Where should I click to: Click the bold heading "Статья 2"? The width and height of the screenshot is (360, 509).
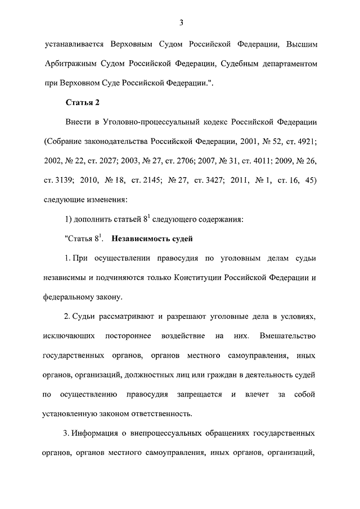[x=83, y=102]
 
